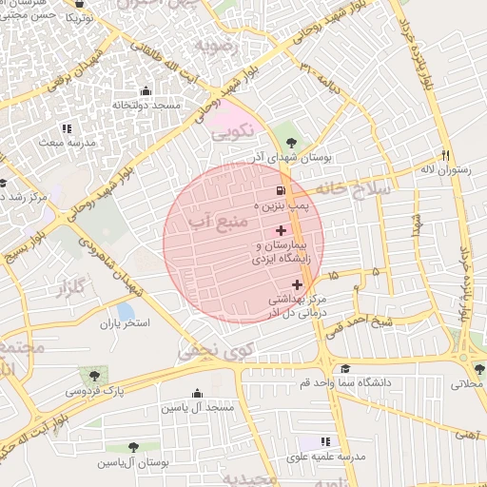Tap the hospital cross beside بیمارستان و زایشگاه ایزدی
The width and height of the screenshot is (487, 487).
pyautogui.click(x=281, y=231)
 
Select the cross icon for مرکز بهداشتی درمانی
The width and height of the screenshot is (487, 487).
pyautogui.click(x=298, y=284)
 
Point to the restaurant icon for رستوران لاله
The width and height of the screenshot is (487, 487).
pyautogui.click(x=444, y=155)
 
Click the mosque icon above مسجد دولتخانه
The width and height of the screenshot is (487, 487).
pyautogui.click(x=146, y=92)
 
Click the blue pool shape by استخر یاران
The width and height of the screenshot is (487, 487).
pyautogui.click(x=125, y=311)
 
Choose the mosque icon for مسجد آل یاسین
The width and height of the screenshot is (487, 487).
pyautogui.click(x=197, y=394)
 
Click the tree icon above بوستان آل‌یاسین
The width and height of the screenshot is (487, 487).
pyautogui.click(x=132, y=446)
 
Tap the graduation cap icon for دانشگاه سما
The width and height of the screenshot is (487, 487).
pyautogui.click(x=345, y=368)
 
